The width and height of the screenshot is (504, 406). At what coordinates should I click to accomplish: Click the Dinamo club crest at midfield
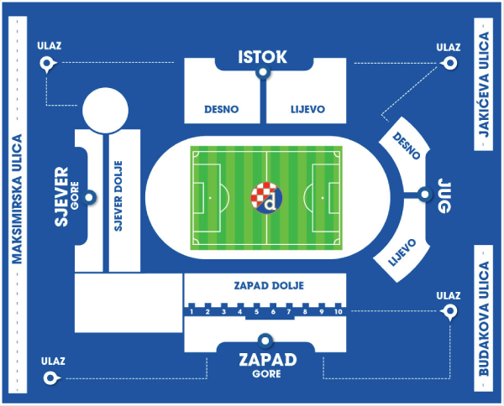tap(266, 198)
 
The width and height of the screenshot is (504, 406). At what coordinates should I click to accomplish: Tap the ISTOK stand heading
tap(263, 57)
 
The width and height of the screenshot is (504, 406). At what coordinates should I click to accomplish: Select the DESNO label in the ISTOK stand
tap(222, 109)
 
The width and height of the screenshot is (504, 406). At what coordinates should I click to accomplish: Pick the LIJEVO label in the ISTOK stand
tap(308, 109)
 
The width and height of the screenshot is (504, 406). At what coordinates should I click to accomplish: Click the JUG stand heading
tap(444, 196)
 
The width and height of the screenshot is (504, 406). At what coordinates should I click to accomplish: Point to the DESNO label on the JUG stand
tap(407, 146)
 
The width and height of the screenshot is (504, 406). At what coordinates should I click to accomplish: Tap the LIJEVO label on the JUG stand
tap(402, 252)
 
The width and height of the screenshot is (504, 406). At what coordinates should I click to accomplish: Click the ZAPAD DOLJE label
tap(269, 285)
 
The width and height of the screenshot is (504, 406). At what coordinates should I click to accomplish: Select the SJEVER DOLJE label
tap(118, 195)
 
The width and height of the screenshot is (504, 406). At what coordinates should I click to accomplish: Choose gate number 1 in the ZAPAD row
tap(192, 312)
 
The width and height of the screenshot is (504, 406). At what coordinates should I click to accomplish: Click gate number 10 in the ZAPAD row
tap(339, 312)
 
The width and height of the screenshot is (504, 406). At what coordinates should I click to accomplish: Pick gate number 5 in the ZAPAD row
tap(256, 312)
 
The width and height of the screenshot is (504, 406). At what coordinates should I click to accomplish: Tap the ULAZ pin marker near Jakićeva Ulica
tap(449, 63)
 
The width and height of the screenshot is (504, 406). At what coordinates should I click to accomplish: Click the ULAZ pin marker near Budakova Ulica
tap(449, 312)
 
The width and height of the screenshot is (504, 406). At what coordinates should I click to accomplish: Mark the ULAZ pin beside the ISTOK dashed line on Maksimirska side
tap(47, 64)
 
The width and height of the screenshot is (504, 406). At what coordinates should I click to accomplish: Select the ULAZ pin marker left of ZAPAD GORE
tap(50, 378)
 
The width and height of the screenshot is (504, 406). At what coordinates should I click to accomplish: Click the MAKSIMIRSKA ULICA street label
tap(17, 199)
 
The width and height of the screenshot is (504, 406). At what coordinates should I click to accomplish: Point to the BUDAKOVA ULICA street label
tap(484, 319)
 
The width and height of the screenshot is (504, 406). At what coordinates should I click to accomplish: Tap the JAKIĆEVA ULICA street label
tap(484, 84)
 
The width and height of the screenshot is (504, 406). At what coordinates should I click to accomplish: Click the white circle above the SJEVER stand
tap(106, 111)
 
